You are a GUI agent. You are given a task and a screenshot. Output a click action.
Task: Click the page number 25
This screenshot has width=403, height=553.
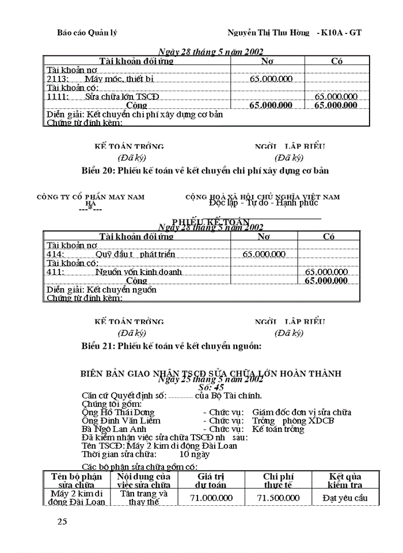(x=62, y=522)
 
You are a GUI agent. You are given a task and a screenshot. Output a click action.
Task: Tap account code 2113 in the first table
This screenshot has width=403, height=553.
(x=57, y=79)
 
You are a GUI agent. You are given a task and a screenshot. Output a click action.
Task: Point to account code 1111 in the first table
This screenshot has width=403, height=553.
(x=57, y=97)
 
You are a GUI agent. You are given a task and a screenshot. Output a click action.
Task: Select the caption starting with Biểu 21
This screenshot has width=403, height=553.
(x=172, y=346)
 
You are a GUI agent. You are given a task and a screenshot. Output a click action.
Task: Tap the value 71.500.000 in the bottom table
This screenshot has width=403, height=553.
(x=278, y=498)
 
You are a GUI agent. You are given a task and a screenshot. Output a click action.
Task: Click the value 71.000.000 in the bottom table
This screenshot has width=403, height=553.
(x=211, y=498)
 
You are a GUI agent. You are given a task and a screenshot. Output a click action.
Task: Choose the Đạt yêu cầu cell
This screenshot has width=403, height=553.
(x=344, y=498)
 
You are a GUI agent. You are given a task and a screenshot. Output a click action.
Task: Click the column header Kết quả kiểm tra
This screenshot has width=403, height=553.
(x=344, y=480)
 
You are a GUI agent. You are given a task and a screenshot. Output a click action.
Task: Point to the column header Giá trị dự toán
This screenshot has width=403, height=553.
(x=211, y=480)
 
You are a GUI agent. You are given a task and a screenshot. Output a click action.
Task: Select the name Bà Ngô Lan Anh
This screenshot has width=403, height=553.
(x=115, y=429)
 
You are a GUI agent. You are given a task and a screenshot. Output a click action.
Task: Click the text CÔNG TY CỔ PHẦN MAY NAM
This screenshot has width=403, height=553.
(x=90, y=197)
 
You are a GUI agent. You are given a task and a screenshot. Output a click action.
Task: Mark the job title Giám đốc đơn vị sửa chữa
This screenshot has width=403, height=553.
(x=301, y=412)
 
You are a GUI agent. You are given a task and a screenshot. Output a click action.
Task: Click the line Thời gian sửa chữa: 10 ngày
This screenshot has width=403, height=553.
(x=146, y=454)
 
